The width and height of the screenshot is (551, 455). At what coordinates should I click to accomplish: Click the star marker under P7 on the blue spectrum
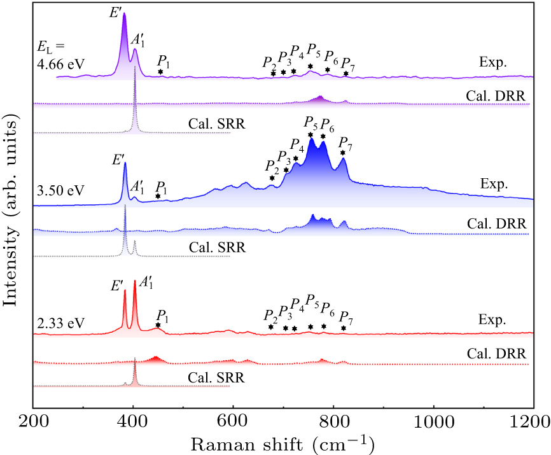[343, 153]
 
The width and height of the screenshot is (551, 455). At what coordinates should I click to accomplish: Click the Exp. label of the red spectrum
[492, 321]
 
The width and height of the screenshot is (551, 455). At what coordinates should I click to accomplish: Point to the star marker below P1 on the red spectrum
[158, 325]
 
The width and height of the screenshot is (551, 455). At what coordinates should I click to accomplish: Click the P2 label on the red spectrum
[270, 315]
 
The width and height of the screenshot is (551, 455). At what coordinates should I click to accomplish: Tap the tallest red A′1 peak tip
[134, 281]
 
